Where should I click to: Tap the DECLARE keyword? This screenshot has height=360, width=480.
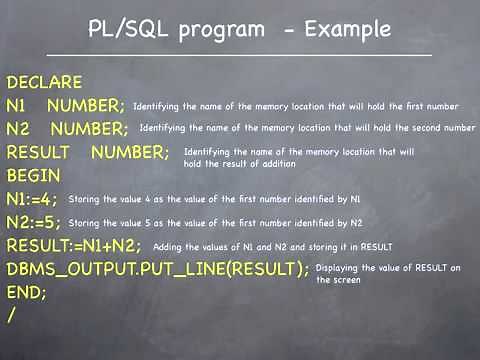[x=43, y=83]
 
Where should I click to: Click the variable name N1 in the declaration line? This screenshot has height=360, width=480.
[x=19, y=106]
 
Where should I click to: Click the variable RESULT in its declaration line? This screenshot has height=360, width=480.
[x=37, y=153]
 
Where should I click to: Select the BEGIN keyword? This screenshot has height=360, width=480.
[x=33, y=176]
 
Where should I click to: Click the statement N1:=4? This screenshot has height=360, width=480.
[x=32, y=199]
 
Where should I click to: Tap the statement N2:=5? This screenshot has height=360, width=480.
[x=33, y=222]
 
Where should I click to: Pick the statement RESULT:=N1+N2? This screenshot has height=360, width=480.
[x=74, y=245]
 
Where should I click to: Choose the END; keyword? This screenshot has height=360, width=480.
[x=27, y=292]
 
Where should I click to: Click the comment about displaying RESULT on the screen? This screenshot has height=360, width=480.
[x=388, y=274]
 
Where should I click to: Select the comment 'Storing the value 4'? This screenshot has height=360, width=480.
[x=215, y=200]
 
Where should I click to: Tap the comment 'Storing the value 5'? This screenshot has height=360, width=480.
[x=215, y=223]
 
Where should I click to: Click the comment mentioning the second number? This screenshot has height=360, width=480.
[x=307, y=128]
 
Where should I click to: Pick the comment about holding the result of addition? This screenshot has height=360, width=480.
[x=298, y=156]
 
